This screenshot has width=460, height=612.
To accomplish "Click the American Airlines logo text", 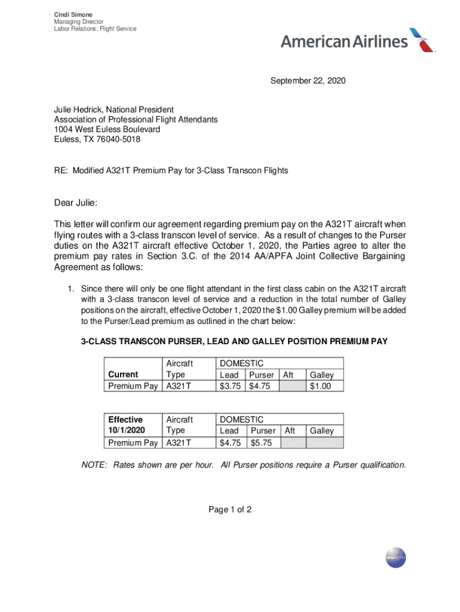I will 344,42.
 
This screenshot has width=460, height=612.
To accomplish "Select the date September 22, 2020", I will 308,80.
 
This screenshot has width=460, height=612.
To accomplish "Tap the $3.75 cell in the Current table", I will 230,386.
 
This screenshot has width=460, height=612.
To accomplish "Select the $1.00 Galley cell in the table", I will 320,386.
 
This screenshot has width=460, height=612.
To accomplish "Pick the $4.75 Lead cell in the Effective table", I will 230,442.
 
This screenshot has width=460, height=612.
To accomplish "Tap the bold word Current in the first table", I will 122,375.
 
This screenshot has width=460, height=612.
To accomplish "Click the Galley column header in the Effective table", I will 321,431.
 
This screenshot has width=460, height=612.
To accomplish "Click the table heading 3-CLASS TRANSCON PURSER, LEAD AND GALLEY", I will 234,341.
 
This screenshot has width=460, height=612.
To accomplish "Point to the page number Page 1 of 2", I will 230,510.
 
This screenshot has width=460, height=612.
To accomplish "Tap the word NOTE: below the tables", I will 95,464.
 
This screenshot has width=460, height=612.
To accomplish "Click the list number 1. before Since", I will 70,287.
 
